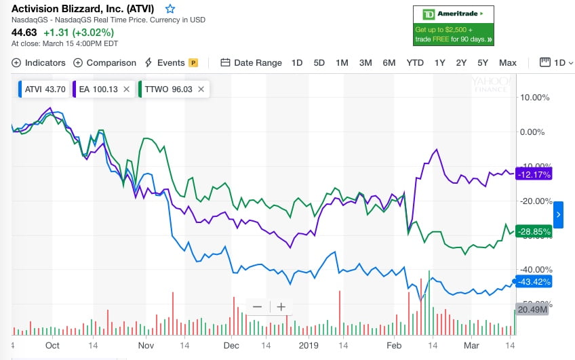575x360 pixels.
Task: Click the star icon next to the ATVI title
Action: pyautogui.click(x=170, y=9)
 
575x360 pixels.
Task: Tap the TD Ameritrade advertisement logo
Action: pyautogui.click(x=453, y=14)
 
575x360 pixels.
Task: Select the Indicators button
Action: pyautogui.click(x=39, y=62)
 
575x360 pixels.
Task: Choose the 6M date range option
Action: pyautogui.click(x=389, y=62)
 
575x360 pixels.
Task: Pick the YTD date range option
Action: pyautogui.click(x=415, y=62)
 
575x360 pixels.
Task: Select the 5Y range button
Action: pyautogui.click(x=482, y=62)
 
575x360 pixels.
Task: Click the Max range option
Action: pyautogui.click(x=507, y=62)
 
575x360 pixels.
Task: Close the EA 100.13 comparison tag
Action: pyautogui.click(x=125, y=89)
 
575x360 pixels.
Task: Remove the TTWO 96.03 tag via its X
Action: pyautogui.click(x=202, y=89)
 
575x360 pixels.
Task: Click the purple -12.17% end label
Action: pyautogui.click(x=534, y=174)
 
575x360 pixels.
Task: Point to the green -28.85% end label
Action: pyautogui.click(x=534, y=231)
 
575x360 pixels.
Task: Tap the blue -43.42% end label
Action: pyautogui.click(x=534, y=281)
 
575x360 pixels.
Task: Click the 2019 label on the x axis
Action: pyautogui.click(x=309, y=345)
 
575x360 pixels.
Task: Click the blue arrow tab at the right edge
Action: pyautogui.click(x=558, y=214)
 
